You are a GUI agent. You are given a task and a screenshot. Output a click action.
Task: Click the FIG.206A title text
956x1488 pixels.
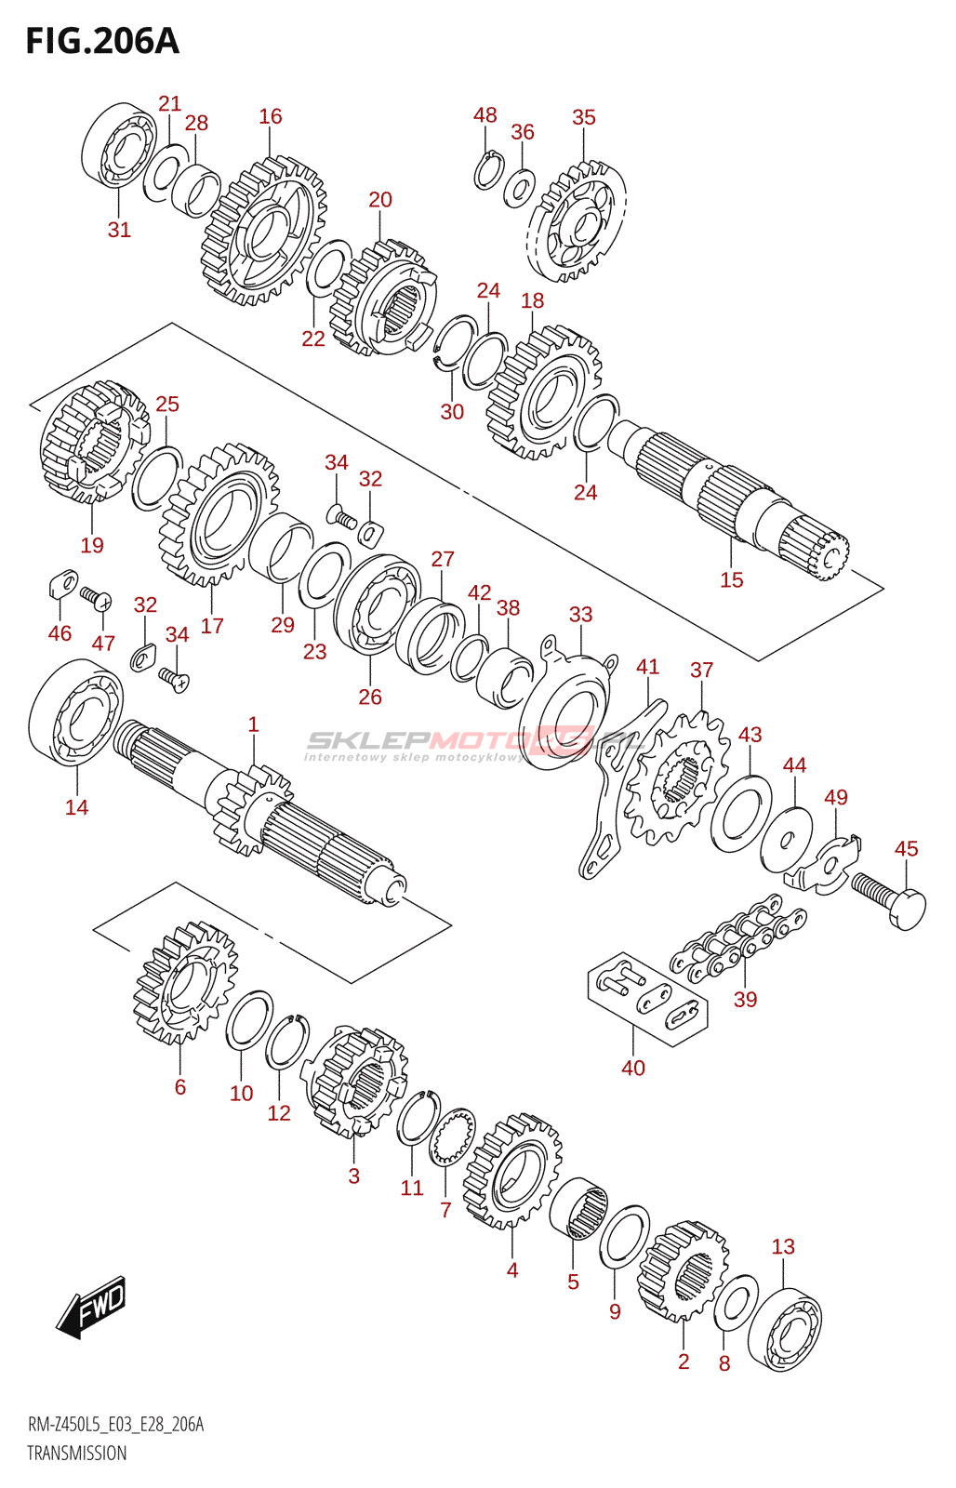[102, 41]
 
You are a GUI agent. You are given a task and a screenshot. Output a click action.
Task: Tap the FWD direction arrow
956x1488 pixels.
[91, 1307]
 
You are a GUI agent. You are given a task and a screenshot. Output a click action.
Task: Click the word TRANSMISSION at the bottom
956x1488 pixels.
[76, 1453]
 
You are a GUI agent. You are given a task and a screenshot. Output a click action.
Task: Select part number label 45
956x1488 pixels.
[906, 848]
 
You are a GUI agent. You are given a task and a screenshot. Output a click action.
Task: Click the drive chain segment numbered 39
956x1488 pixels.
[740, 939]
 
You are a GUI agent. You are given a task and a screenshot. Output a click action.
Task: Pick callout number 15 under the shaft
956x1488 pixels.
[731, 579]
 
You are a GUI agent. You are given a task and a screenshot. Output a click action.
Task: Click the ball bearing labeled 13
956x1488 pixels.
[785, 1329]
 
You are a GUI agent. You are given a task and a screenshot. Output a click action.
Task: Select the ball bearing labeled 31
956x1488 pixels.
[119, 149]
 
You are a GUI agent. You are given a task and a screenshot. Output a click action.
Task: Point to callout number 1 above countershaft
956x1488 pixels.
[253, 724]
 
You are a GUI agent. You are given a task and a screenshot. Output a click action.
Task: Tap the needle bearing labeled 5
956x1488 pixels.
[578, 1208]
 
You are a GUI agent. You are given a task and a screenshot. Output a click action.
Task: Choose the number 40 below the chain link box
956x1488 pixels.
[632, 1068]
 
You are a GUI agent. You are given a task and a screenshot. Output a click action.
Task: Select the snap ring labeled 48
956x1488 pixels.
[487, 170]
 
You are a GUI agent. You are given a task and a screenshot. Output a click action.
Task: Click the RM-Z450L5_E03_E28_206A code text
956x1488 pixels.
[115, 1425]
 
